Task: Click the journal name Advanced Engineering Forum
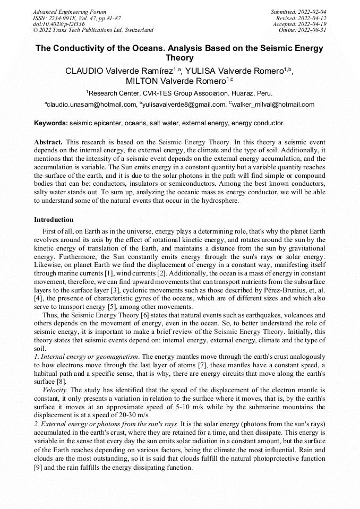(69, 12)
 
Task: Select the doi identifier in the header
(58, 24)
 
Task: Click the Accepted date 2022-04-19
(299, 24)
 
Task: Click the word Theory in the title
(179, 58)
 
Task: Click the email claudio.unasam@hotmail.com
(91, 105)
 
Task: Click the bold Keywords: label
(51, 123)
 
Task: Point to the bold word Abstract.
(48, 142)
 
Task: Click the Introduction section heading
(54, 219)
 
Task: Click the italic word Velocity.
(55, 389)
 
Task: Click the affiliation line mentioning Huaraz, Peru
(179, 93)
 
